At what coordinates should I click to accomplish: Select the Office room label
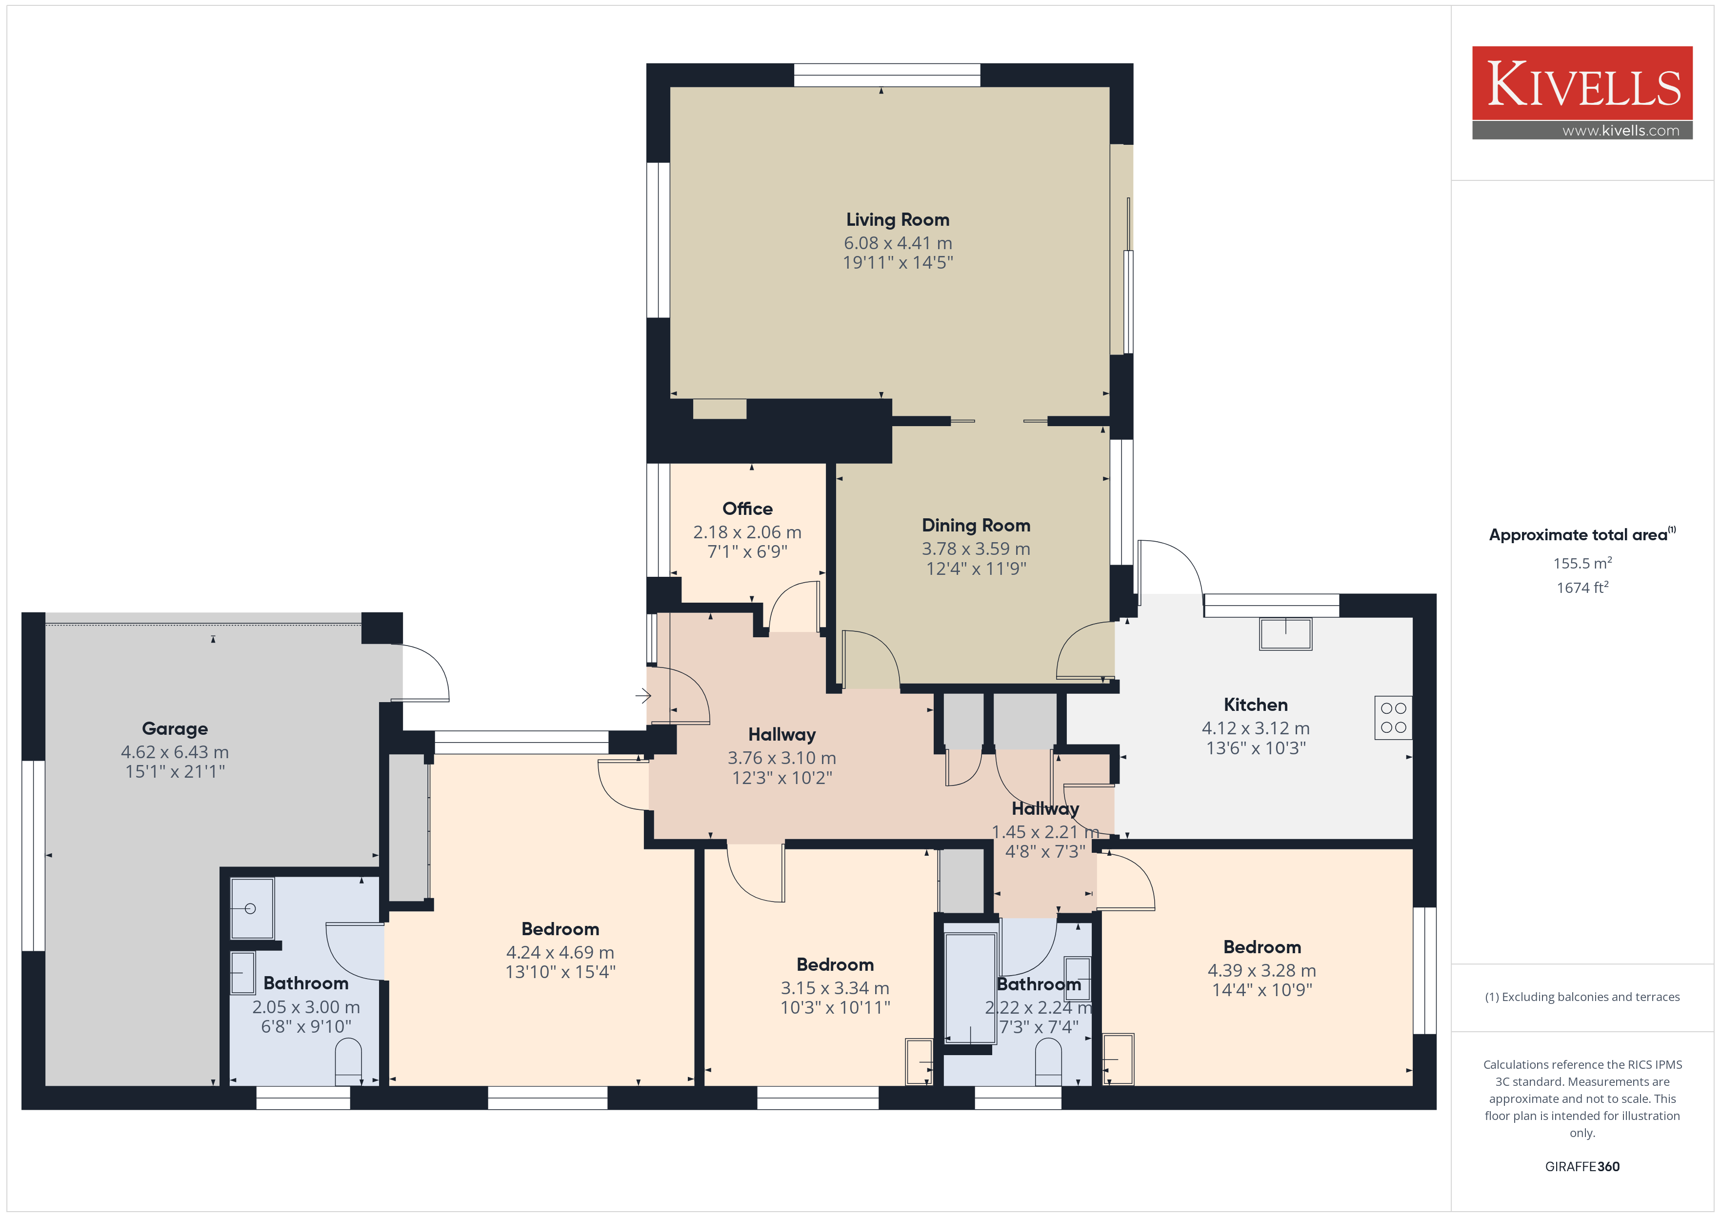point(747,509)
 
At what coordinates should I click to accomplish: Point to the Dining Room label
point(976,525)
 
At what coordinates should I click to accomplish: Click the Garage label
point(175,728)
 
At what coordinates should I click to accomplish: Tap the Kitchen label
point(1256,705)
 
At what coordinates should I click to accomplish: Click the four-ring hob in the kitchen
point(1393,718)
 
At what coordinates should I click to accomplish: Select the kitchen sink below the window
point(1285,633)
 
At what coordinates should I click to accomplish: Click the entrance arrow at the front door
point(643,696)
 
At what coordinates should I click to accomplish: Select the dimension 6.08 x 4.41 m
point(898,243)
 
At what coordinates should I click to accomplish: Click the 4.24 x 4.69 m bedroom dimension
point(560,952)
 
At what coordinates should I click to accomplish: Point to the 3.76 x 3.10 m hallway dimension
point(782,758)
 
